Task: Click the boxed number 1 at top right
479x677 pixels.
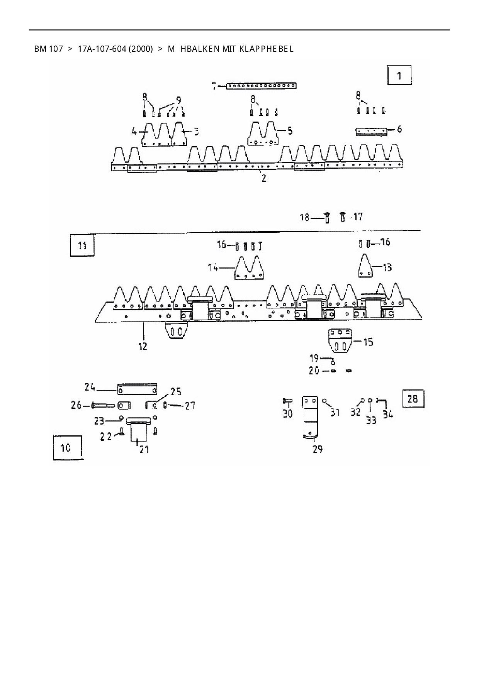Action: [x=399, y=75]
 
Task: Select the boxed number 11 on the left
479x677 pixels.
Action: [x=82, y=245]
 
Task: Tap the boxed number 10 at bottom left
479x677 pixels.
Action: [x=66, y=448]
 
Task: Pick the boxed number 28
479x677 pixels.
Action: [x=413, y=398]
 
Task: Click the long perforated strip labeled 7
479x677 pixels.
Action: [x=261, y=86]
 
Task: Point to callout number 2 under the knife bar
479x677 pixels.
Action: [x=264, y=179]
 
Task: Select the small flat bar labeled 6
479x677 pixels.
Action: [x=371, y=132]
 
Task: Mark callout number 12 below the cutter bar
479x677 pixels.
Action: [x=143, y=346]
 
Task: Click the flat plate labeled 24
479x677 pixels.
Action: [x=137, y=389]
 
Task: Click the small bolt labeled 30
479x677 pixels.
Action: [x=287, y=401]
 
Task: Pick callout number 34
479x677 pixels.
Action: [x=388, y=415]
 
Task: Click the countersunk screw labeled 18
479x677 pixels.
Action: [x=327, y=218]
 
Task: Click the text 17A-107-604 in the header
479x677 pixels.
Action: [x=115, y=49]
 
